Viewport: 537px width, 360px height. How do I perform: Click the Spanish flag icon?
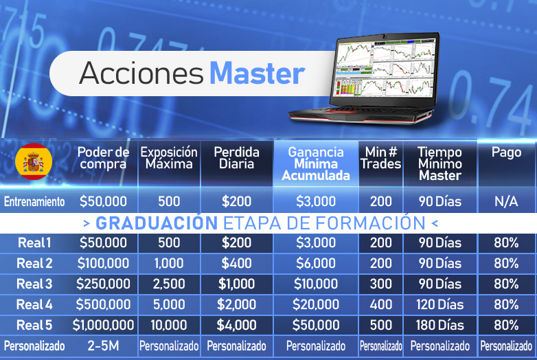point(34,161)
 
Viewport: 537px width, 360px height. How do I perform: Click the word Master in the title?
point(258,74)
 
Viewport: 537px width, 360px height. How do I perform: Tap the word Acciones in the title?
point(141,74)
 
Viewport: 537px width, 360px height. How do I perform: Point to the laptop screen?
point(385,68)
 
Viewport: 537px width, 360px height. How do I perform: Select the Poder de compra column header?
point(103,158)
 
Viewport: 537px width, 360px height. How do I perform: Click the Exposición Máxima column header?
point(169,158)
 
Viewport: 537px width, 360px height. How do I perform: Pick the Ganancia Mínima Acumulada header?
point(316,164)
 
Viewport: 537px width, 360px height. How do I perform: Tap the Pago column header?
point(506,152)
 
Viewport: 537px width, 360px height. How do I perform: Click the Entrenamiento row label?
point(34,202)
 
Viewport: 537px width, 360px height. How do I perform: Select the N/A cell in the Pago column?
point(506,201)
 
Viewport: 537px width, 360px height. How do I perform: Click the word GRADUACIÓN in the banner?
point(157,223)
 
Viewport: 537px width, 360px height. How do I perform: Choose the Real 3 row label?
point(34,284)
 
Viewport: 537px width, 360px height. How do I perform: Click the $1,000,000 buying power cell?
point(103,325)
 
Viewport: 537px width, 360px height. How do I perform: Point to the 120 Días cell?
point(439,304)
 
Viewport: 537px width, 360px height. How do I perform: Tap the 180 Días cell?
point(439,325)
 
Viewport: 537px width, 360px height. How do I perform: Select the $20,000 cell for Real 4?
point(316,304)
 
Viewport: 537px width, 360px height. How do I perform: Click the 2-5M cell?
point(103,346)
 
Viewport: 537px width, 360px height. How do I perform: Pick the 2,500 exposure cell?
point(169,284)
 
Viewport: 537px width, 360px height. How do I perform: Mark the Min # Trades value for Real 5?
point(381,325)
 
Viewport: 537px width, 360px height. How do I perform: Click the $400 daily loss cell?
point(236,263)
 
